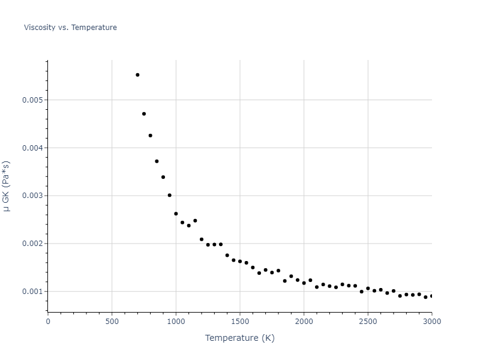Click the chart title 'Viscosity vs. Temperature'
70,28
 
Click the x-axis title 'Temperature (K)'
239,338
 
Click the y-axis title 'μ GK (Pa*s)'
7,186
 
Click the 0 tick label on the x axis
48,321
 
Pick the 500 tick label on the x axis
112,321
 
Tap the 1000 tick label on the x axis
176,321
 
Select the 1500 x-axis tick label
240,321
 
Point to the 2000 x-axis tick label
304,321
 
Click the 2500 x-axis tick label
368,321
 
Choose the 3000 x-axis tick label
431,321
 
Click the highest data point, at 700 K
137,75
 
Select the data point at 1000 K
176,214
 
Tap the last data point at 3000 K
431,296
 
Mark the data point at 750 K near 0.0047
144,114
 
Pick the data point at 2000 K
304,283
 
